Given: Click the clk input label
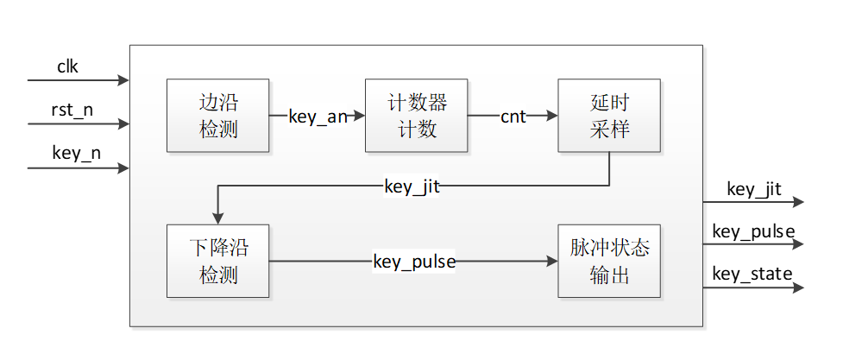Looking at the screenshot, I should [68, 66].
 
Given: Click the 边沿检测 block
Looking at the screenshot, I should [217, 116].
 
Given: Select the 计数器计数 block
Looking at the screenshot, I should [416, 116].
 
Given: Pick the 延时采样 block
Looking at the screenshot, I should [609, 116].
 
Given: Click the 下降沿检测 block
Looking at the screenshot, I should [217, 262].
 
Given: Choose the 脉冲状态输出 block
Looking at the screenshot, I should [609, 262].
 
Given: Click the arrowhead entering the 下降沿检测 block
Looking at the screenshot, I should [217, 218].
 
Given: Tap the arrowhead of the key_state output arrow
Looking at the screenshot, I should [798, 287].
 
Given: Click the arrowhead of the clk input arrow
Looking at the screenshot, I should [123, 80].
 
